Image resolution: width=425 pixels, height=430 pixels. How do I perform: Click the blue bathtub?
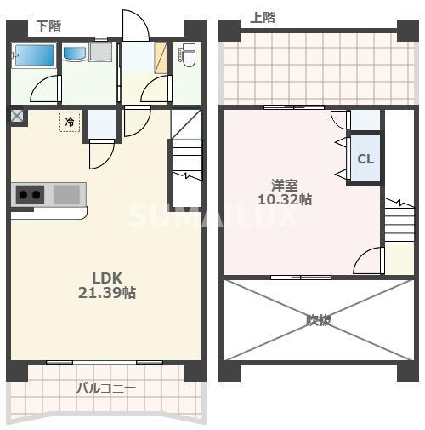34,54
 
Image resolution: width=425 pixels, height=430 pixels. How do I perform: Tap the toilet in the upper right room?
188,54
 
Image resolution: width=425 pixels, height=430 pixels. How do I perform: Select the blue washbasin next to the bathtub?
74,53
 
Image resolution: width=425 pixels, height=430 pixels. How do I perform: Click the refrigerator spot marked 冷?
70,122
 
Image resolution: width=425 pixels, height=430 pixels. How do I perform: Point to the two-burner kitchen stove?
30,195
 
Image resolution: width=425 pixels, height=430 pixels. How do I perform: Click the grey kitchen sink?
67,194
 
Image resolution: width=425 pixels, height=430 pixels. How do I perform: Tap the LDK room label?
107,278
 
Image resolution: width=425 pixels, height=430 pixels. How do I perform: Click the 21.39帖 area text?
107,293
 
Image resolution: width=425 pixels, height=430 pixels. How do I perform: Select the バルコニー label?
105,388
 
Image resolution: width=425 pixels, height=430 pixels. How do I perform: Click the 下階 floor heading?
48,26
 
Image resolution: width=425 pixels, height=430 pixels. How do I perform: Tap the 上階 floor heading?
263,18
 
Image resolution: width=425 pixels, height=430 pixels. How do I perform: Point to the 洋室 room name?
285,186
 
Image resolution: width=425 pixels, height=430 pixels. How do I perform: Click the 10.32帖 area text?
285,199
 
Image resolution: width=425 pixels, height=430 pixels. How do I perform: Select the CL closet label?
365,159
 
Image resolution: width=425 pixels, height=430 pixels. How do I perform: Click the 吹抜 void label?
319,320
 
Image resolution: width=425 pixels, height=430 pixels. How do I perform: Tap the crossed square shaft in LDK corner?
17,116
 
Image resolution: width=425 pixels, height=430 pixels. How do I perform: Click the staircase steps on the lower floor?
187,159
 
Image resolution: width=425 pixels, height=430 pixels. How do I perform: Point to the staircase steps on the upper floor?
399,222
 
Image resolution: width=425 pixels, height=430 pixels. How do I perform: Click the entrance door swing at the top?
136,25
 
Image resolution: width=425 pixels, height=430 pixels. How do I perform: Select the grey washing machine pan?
100,51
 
